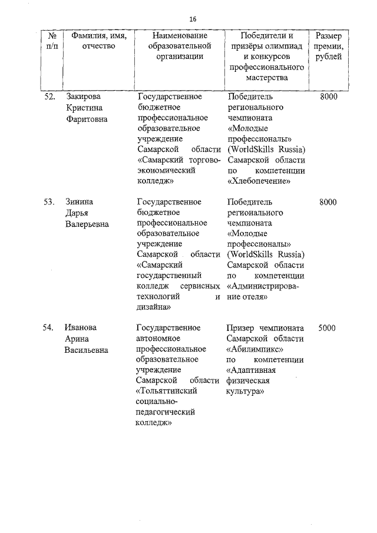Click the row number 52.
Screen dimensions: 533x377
(x=50, y=97)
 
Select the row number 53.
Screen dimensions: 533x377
(x=50, y=202)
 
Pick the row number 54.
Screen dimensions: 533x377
(x=50, y=327)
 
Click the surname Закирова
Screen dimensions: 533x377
(x=84, y=97)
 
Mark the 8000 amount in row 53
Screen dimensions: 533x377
(x=328, y=202)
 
